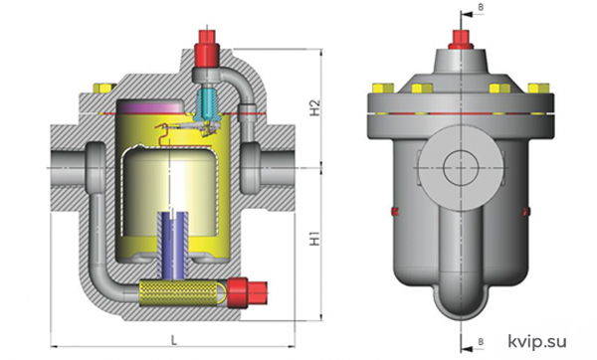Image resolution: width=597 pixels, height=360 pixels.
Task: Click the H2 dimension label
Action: coord(315,108)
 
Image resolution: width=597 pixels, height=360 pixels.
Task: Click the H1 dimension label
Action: coord(315,237)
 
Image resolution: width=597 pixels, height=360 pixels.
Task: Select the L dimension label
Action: coord(173,340)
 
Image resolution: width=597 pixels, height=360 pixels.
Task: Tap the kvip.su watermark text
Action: coord(537,341)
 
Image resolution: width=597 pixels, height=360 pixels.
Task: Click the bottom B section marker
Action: coord(481,341)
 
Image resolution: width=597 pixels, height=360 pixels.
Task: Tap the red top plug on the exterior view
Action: coord(461,40)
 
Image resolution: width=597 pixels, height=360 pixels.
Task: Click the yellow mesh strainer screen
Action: coord(183,293)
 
